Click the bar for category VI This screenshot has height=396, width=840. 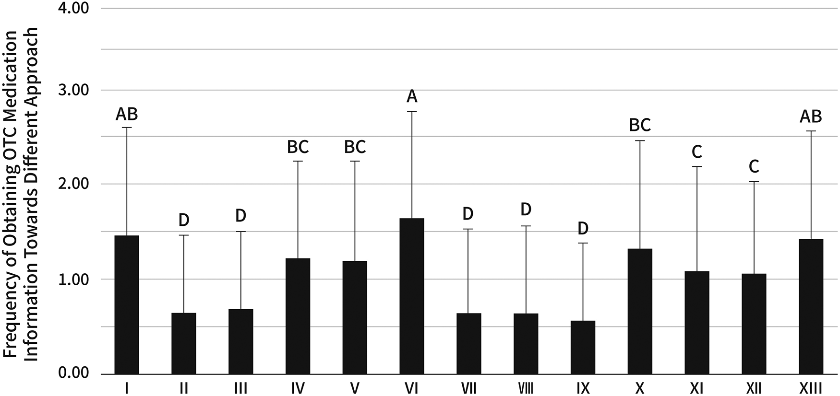411,296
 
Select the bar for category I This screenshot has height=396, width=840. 127,304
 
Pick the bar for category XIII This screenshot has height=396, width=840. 811,306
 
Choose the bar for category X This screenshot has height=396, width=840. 640,311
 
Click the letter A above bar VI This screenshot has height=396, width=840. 412,97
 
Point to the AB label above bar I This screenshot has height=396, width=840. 127,114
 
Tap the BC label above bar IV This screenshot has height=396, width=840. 298,147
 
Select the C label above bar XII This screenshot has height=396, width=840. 754,167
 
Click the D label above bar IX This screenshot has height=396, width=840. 583,229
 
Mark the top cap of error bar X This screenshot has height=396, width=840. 640,140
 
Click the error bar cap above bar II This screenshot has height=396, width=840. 184,235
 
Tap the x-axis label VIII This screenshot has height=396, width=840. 526,387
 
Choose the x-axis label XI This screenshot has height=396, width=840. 696,387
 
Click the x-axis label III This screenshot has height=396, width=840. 240,387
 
